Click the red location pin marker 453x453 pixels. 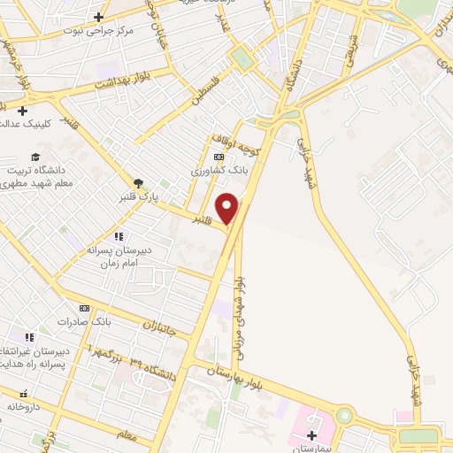228,207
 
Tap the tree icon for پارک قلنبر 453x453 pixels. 139,183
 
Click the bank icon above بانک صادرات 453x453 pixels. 85,307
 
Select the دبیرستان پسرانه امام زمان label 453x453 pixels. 121,257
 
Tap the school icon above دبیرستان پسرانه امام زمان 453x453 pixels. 119,236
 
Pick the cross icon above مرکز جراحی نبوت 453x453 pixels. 98,17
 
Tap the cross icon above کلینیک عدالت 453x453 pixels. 22,110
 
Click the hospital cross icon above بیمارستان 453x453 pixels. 311,435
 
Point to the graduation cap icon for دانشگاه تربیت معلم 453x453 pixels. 35,157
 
